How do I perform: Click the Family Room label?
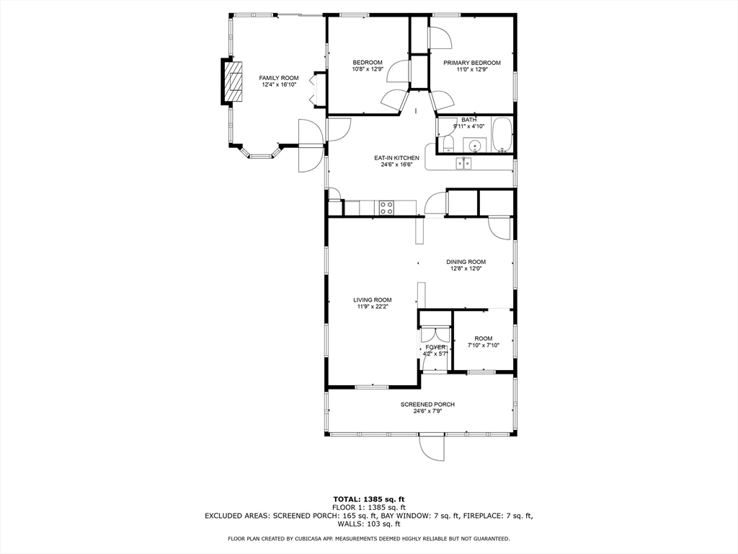click(279, 78)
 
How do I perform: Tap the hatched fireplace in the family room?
click(233, 82)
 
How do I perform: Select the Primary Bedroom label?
click(471, 63)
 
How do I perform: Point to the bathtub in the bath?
click(502, 135)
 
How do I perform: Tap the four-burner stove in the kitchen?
click(386, 208)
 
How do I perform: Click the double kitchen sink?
click(464, 163)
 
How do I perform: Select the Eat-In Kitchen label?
click(396, 158)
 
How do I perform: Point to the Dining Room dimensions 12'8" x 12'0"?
click(466, 268)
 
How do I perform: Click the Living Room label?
click(373, 300)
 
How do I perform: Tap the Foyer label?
click(435, 348)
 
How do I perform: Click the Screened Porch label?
click(427, 405)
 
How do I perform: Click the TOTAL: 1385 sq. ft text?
click(369, 499)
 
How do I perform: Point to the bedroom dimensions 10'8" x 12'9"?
click(368, 69)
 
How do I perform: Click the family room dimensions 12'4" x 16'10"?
click(279, 85)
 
